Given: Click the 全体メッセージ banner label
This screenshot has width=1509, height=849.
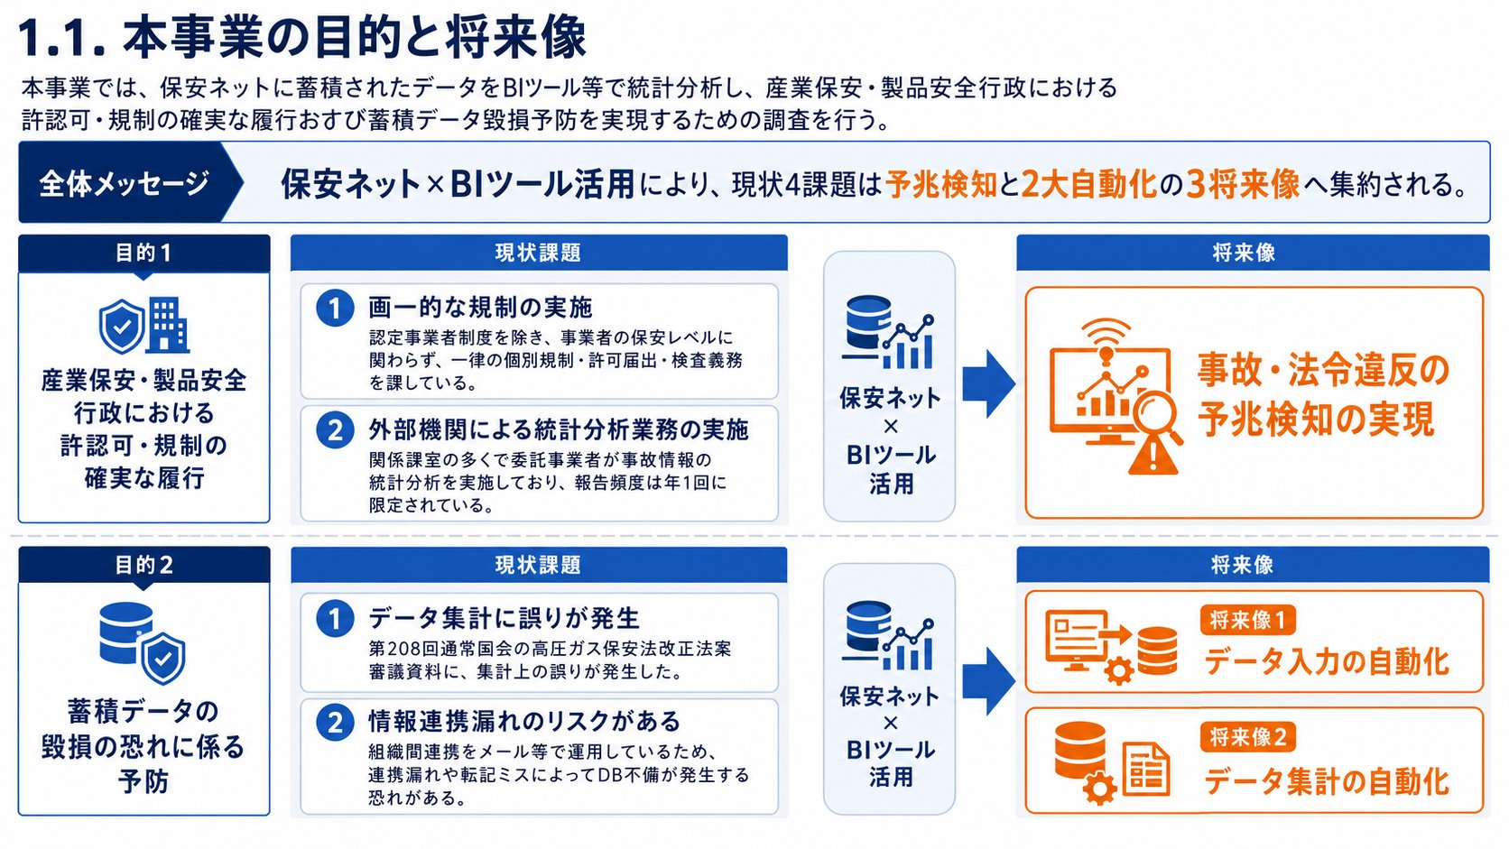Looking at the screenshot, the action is point(124,183).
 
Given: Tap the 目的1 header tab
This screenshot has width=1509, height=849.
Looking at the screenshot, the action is point(144,254).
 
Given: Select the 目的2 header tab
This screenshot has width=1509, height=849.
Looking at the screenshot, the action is point(144,565).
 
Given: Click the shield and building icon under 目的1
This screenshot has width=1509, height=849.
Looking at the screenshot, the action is point(144,326).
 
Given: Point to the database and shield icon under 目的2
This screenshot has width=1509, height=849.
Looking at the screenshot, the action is point(142,642).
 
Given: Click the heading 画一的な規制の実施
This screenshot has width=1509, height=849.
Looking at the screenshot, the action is point(480,308).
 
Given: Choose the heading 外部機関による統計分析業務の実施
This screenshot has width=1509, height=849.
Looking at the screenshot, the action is point(559,429).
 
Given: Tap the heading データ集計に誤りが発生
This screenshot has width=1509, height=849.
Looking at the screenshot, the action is point(504,618).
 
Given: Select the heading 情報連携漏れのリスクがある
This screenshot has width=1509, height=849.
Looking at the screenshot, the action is point(524,722).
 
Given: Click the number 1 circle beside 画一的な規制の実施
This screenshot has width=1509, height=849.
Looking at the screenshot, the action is point(335,309).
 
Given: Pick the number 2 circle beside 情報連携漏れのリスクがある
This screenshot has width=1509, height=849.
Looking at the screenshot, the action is point(335,723).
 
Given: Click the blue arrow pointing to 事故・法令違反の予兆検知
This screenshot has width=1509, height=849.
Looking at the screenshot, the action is point(988,383).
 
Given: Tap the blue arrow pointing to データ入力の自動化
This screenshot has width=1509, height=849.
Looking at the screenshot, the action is point(988,681).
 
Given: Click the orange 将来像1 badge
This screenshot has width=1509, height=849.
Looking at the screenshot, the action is point(1247,620).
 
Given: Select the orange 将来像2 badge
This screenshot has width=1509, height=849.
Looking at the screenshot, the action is point(1247,737).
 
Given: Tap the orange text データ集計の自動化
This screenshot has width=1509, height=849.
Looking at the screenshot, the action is point(1327,781).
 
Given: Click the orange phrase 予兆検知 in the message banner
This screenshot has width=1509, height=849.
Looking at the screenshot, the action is point(941,184).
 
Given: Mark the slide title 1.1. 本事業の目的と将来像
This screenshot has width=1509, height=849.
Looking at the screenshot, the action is point(302,37).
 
